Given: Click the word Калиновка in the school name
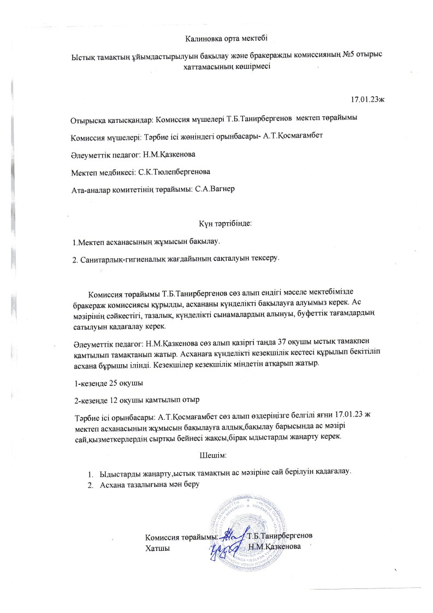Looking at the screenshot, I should (x=201, y=38).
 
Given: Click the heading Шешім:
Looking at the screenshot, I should (x=213, y=455).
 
